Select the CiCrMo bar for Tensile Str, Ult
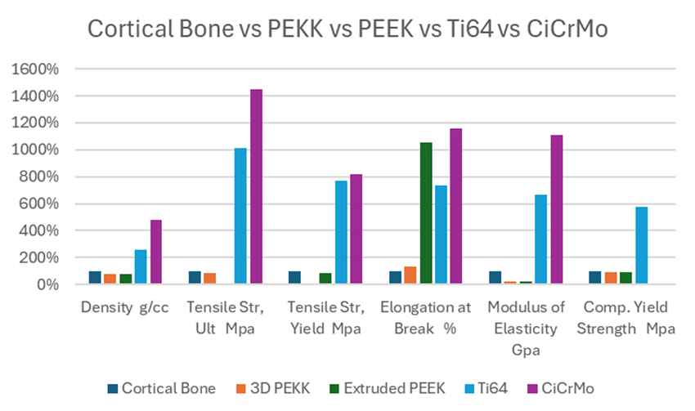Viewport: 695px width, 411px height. tap(256, 187)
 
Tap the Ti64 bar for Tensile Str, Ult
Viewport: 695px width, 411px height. tap(240, 217)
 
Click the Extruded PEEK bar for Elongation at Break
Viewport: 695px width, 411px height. tap(425, 213)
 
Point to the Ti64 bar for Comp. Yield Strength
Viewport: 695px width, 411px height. tap(641, 246)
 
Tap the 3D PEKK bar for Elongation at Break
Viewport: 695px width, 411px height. tap(410, 275)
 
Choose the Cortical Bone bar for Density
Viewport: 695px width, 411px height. tap(95, 278)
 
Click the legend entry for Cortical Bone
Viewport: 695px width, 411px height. tap(162, 388)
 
